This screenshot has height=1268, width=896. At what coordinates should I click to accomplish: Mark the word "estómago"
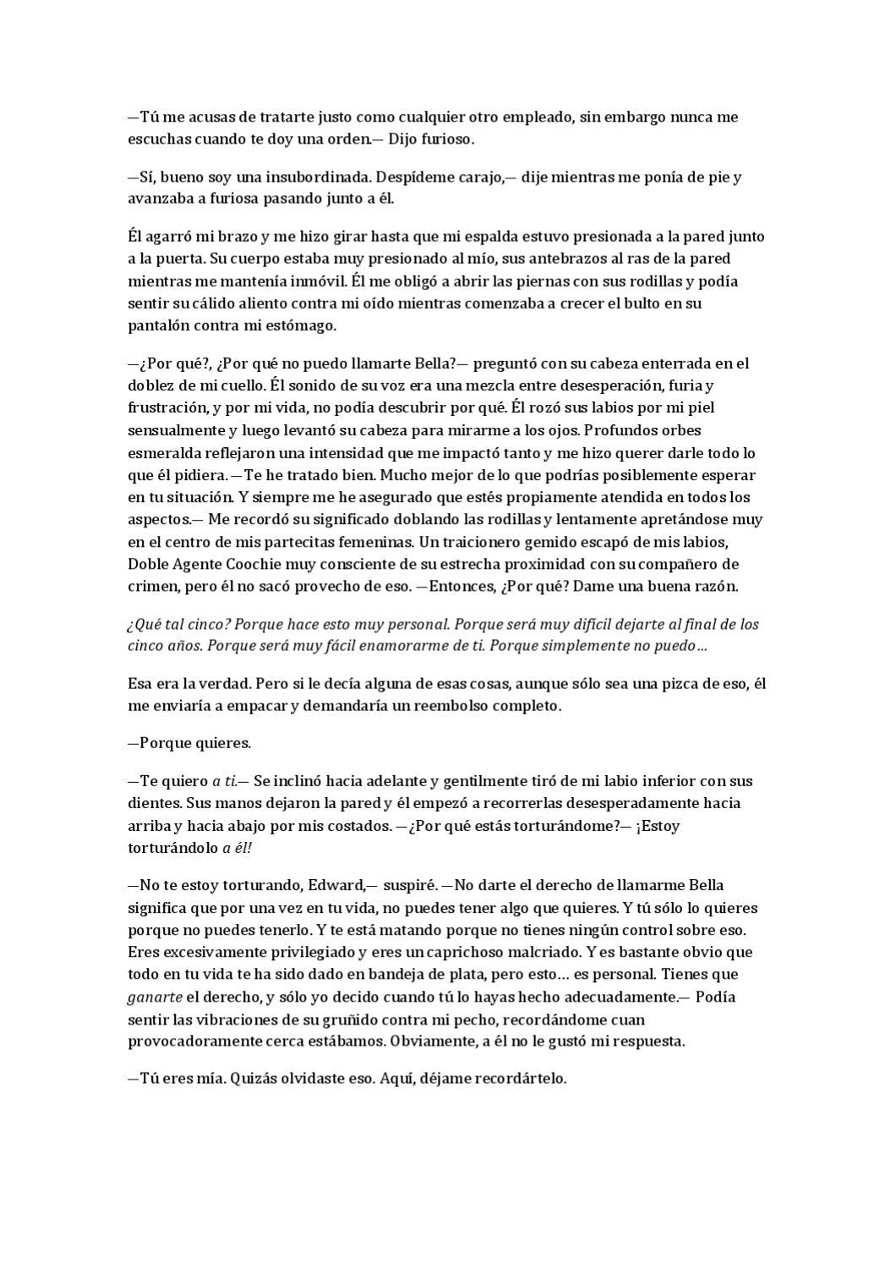pyautogui.click(x=298, y=325)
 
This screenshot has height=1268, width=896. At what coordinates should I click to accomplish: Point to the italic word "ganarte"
pyautogui.click(x=155, y=997)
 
